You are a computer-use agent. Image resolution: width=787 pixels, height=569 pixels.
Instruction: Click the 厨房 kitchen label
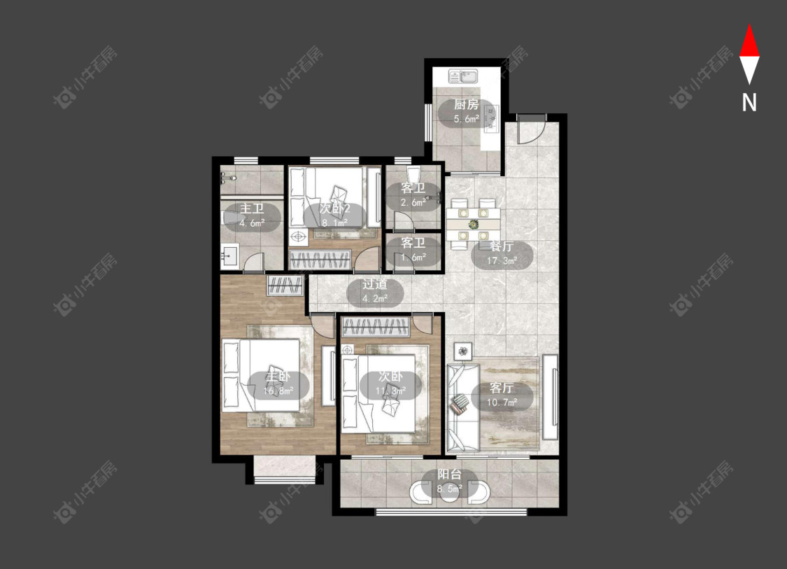coord(467,104)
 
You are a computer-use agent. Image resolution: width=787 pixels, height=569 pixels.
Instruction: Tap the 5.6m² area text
coord(467,119)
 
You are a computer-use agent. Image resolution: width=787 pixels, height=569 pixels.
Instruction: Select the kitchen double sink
coord(464,76)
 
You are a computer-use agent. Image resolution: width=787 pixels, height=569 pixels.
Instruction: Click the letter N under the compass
coord(749,102)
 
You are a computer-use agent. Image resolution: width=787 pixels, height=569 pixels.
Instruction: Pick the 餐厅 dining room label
coord(502,246)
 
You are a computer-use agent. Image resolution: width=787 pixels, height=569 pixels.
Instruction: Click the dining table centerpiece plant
coord(474,223)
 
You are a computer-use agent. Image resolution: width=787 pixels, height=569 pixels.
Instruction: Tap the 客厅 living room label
coord(502,388)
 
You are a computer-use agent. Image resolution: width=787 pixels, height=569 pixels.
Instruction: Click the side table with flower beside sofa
coord(463,350)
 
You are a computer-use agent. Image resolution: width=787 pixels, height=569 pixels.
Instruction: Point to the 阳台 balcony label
coord(449,474)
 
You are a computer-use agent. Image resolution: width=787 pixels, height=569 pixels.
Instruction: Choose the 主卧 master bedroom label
coord(278,377)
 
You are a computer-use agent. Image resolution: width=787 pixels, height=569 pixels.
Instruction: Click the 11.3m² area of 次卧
coord(391,391)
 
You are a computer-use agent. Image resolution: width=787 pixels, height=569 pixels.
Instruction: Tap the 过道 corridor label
coord(375,284)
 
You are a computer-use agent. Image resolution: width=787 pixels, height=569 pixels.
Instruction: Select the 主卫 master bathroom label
coord(252,209)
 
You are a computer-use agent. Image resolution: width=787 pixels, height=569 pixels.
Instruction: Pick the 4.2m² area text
coord(375,298)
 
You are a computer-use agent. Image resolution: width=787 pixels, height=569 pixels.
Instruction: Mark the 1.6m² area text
coord(413,257)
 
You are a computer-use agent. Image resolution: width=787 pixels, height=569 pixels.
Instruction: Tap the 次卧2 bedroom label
coord(334,209)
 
